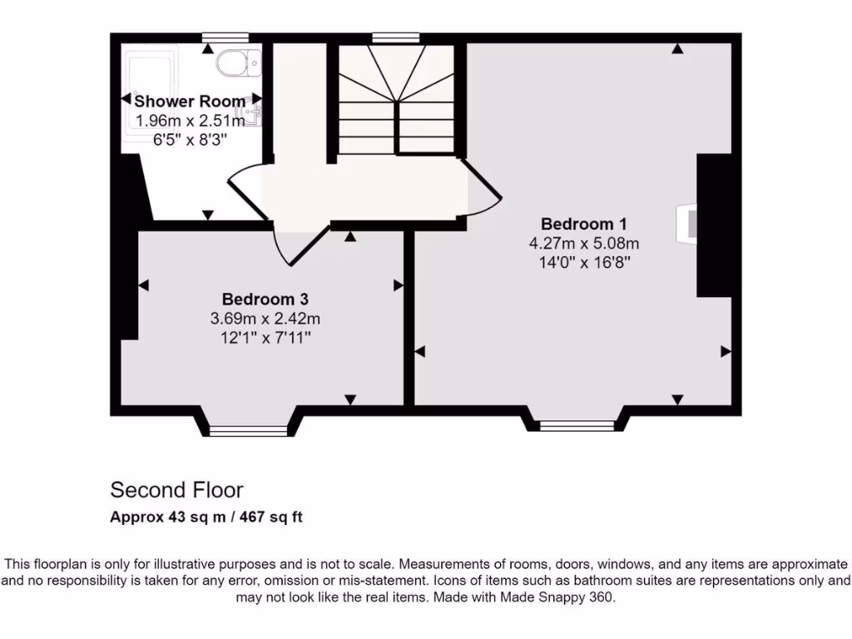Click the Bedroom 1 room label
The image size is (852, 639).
(x=583, y=224)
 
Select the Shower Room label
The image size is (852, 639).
(x=191, y=102)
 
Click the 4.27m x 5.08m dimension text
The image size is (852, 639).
(x=583, y=244)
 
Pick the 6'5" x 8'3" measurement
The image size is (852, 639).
(x=191, y=141)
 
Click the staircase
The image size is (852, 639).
(x=396, y=100)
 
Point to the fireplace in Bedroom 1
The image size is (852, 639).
(x=687, y=224)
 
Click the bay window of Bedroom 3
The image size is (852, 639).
(x=247, y=429)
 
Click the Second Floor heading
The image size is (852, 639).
(x=176, y=489)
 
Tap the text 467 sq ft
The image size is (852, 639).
(x=270, y=518)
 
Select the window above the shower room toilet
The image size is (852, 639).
(x=225, y=37)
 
